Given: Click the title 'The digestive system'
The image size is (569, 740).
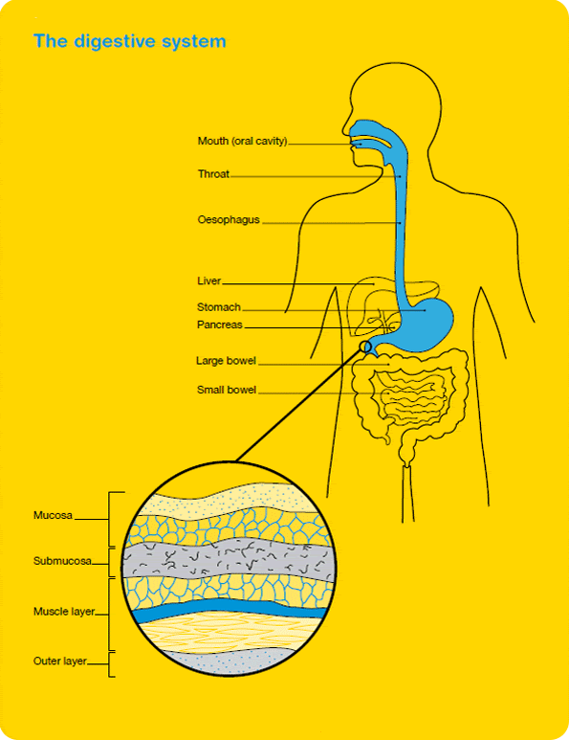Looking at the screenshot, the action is point(130,41).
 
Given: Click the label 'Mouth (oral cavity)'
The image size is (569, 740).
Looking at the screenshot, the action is point(242,141).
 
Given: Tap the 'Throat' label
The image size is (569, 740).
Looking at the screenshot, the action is point(213,173).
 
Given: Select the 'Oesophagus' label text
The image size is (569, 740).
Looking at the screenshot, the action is point(229,220).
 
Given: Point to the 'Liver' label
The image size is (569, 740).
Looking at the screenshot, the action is point(208,280).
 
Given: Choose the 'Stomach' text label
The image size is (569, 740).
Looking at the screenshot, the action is point(219,307).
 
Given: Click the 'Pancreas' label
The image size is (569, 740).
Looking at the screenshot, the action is point(220,325).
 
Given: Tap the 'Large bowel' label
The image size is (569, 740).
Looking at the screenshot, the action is point(226,361).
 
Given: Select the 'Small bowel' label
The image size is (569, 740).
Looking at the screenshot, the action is point(227,390).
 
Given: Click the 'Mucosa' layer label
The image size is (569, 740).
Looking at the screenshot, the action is point(53,515).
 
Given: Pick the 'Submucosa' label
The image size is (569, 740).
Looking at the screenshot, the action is point(62,561).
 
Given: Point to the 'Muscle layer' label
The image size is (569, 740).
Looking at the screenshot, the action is point(64,612).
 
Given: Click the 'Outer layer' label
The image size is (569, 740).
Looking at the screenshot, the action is point(60,662).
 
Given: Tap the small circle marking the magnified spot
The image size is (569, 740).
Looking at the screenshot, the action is point(366,348).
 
